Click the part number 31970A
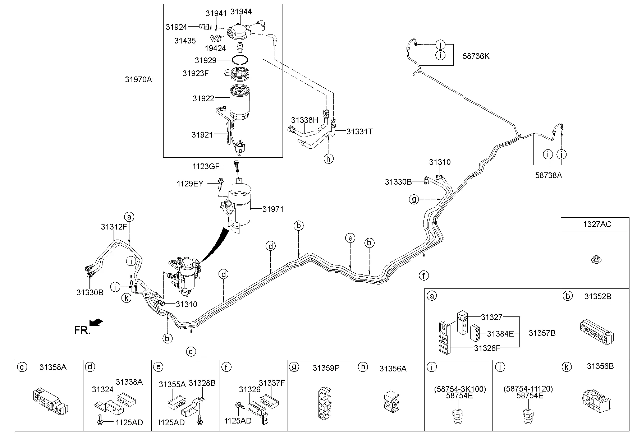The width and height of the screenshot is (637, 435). tap(138, 79)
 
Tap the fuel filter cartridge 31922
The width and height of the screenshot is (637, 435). tap(239, 102)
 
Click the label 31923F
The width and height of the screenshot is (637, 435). tap(195, 74)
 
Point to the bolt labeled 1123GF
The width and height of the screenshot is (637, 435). tap(236, 166)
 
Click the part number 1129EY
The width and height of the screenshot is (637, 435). tap(190, 184)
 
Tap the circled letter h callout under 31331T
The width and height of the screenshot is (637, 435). tap(328, 159)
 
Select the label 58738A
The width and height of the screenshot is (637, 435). tap(548, 175)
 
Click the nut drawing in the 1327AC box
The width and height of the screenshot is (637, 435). tap(595, 259)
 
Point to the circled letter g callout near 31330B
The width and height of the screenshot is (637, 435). tap(414, 199)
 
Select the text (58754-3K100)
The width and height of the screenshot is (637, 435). tap(460, 389)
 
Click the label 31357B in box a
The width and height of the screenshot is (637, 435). tap(542, 333)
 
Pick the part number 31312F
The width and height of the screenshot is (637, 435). tap(114, 227)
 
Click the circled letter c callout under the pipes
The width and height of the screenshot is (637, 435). tap(191, 351)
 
